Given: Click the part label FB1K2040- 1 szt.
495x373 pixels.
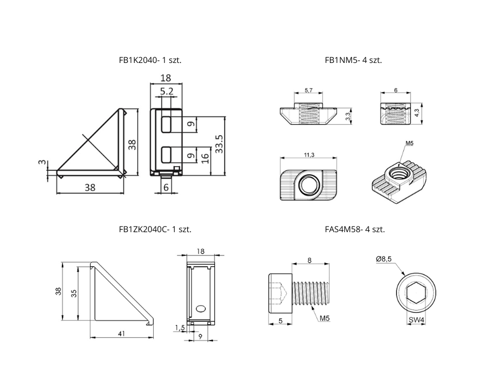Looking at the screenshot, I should coord(150,60).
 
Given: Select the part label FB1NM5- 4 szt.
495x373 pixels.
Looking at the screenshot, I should coord(353,60).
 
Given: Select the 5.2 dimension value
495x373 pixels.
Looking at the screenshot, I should coord(167,91).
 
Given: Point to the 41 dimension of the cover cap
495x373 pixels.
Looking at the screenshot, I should coord(121,334).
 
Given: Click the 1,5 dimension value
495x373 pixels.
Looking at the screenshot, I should coord(179,327).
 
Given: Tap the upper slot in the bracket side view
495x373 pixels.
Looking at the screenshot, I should coord(168,124).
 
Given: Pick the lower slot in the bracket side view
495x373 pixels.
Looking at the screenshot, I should coord(168,154).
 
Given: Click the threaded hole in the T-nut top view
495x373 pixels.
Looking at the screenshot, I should coord(308,184).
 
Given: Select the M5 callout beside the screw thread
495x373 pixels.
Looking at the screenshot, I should coord(324,318).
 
